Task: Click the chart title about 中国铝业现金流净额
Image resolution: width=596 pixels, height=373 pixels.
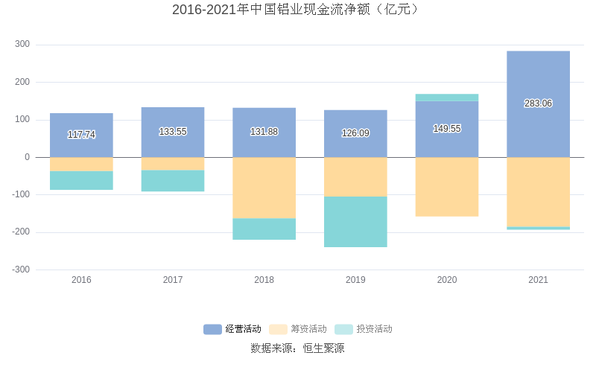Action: [297, 10]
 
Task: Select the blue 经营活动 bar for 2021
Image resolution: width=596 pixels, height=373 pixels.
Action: [538, 74]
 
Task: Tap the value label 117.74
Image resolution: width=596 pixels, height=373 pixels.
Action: [81, 135]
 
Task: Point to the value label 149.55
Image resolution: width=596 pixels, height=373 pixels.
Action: [447, 129]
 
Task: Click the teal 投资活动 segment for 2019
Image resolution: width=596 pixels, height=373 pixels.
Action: [355, 222]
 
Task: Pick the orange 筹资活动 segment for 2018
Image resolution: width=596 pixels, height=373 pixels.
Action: [264, 188]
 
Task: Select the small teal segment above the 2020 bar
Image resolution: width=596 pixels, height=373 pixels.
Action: [447, 98]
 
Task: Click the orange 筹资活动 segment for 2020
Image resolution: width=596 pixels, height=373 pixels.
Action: [447, 187]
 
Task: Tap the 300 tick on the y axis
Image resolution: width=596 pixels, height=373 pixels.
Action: [22, 45]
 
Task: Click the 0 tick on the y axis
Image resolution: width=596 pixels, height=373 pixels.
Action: [27, 157]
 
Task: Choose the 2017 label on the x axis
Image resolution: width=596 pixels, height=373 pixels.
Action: [173, 280]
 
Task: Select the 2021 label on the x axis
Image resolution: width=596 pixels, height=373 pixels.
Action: [538, 280]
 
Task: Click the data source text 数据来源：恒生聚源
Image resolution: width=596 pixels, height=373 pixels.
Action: [297, 348]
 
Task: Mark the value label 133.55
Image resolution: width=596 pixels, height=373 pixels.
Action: [173, 132]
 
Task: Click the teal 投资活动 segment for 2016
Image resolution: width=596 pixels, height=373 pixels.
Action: [81, 181]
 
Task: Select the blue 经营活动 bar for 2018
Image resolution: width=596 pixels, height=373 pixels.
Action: [264, 119]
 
